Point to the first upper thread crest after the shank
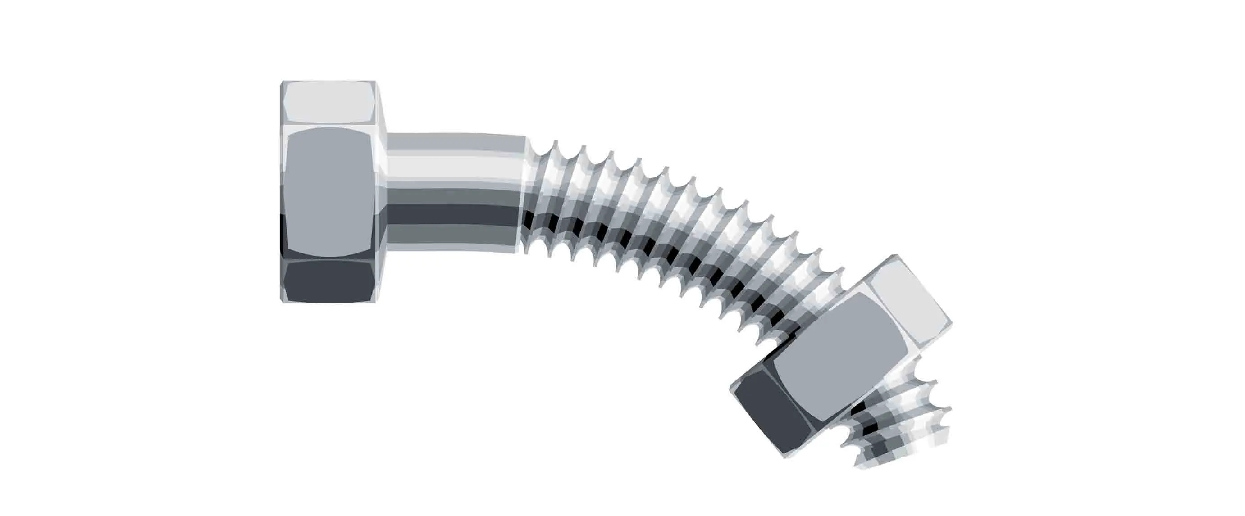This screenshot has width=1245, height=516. (556, 143)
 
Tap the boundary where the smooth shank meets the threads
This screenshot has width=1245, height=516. (525, 193)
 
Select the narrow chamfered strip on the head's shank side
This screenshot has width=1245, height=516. (382, 193)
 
